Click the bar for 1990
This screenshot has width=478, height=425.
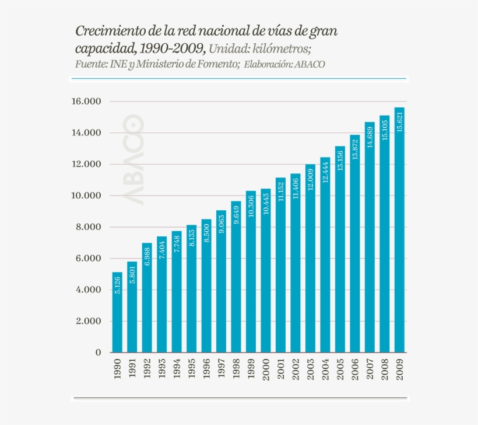pos(117,312)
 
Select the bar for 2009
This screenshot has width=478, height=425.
pos(400,230)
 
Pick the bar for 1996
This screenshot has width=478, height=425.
pos(206,285)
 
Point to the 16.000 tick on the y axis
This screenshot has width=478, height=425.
pos(86,102)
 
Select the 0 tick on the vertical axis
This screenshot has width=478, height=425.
pos(99,353)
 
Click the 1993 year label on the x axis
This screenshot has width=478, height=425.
pos(162,368)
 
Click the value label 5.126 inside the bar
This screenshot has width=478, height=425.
pos(117,285)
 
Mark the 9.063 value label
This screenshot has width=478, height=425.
pos(222,223)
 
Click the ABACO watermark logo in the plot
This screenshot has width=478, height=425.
pos(133,159)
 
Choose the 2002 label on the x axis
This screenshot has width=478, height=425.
pos(296,368)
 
